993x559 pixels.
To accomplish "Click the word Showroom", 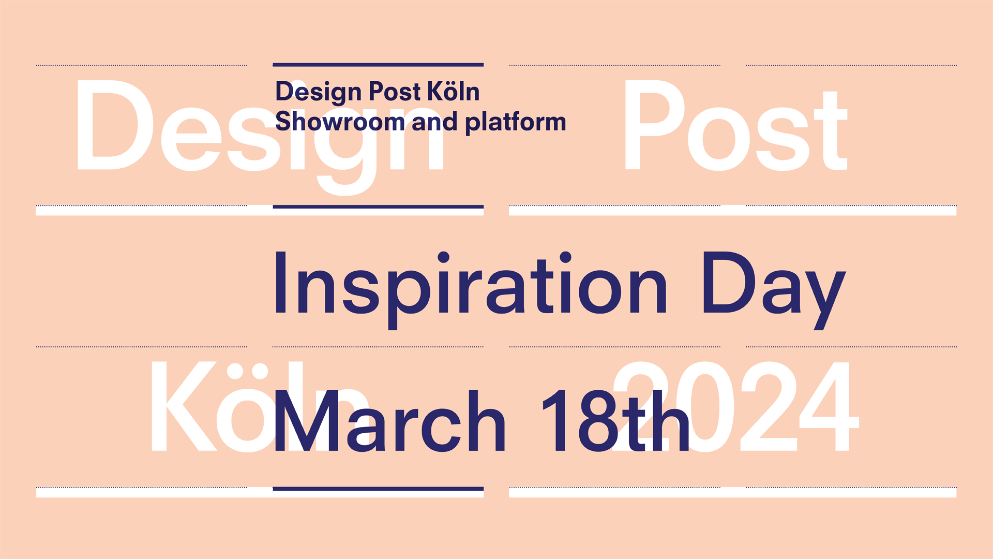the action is [340, 121].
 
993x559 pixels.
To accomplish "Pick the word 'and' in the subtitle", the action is [435, 121].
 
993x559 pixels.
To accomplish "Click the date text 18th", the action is [615, 421].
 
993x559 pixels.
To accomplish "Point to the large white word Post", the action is [736, 126].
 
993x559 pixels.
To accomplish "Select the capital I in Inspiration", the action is [280, 282].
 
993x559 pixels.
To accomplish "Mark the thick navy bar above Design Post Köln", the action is [378, 65].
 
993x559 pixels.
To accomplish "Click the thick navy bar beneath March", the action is [378, 489].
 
